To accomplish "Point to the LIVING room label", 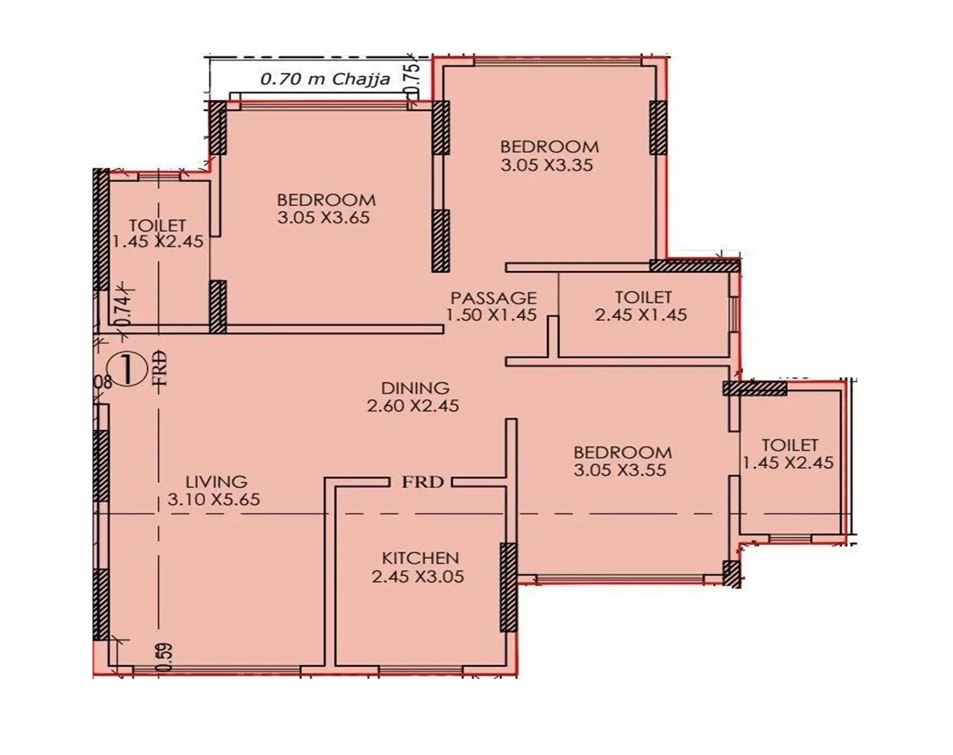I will (216, 482).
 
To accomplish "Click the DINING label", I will (415, 388).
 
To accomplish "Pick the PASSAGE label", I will (493, 298).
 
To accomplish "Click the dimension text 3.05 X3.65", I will (324, 218).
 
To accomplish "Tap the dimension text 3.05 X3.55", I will (619, 470).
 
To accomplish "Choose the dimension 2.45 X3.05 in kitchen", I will (418, 578).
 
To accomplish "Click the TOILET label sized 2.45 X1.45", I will (643, 297).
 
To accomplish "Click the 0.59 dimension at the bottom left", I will (163, 656).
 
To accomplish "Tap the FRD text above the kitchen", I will (421, 482).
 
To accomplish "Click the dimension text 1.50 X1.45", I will (492, 316).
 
